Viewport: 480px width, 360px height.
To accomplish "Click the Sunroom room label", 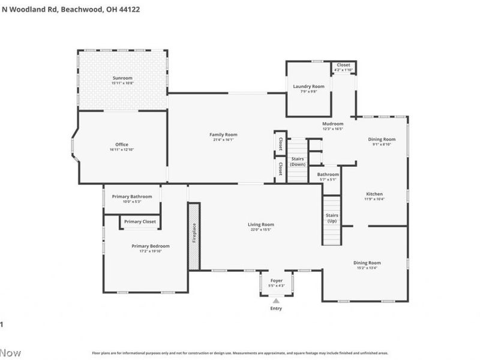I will click(x=122, y=78).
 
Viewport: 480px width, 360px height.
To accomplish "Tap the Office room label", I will click(x=122, y=145).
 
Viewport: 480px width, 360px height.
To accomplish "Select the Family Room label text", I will click(x=223, y=134).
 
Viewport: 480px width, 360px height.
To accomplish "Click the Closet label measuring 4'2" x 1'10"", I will click(x=343, y=65).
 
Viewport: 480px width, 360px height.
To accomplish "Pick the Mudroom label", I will click(x=333, y=124).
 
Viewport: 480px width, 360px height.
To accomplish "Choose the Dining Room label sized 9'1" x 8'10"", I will click(x=382, y=139).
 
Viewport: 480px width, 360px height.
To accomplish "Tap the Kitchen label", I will click(x=375, y=194).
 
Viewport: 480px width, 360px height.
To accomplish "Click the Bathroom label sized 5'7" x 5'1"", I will click(x=328, y=175).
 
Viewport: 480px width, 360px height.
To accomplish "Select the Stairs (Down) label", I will click(x=298, y=161).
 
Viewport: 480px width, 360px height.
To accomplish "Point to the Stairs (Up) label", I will click(x=332, y=217).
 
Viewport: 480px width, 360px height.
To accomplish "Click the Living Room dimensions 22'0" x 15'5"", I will click(x=261, y=230).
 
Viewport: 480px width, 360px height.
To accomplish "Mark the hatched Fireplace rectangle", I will click(x=194, y=236).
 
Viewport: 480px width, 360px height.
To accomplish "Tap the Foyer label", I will click(x=276, y=280).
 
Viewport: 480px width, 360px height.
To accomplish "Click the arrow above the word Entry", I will click(x=276, y=301).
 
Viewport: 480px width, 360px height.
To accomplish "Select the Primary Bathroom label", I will click(x=133, y=196).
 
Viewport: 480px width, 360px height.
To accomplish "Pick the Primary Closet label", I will click(x=140, y=221).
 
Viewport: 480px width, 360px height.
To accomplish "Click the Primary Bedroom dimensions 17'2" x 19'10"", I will click(x=151, y=251).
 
